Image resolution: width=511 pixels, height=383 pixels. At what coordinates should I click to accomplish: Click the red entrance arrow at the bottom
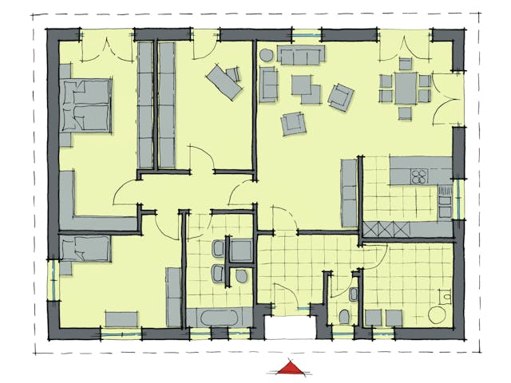[x=290, y=368]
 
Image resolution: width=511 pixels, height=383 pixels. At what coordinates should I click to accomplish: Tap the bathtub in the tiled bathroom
[x=214, y=318]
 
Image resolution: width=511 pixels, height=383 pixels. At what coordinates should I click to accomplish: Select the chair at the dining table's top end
[x=405, y=63]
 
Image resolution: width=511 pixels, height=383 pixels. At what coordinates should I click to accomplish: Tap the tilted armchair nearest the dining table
[x=341, y=96]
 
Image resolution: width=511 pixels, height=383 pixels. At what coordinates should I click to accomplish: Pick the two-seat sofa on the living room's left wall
[x=268, y=85]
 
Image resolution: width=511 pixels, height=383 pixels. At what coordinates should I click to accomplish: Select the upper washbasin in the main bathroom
[x=216, y=249]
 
